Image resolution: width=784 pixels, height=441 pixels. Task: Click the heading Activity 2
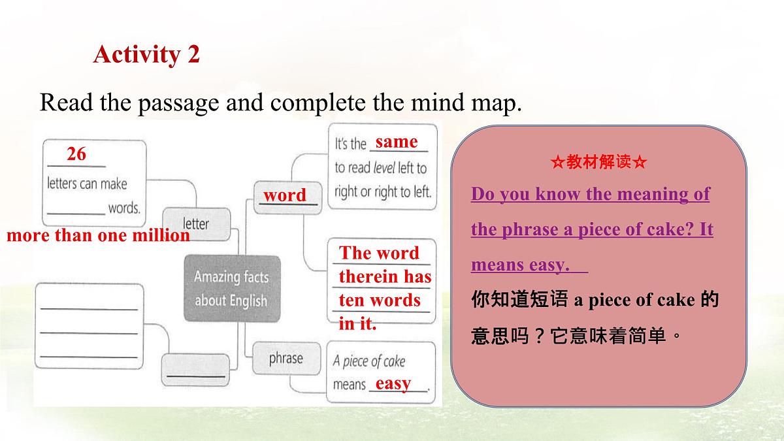tap(146, 54)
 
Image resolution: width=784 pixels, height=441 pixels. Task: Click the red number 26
tap(76, 154)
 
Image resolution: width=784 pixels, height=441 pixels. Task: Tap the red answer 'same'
tap(396, 142)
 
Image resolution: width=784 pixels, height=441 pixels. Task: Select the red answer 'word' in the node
tap(284, 195)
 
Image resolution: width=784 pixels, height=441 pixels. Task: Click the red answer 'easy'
tap(393, 384)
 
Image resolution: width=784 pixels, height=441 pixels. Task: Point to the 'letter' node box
tap(196, 223)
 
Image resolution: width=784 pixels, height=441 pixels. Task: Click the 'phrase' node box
tap(286, 359)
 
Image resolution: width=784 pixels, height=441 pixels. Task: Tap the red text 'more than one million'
tap(98, 236)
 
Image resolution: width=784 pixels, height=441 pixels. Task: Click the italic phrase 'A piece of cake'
tap(369, 361)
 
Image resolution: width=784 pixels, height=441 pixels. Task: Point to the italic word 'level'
tap(384, 168)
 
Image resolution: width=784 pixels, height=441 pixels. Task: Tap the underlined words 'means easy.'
tap(520, 265)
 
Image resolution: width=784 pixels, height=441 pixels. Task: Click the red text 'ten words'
tap(379, 301)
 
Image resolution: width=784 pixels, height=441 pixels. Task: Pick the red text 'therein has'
tap(385, 277)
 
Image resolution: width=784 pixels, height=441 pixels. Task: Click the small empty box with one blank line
tap(195, 370)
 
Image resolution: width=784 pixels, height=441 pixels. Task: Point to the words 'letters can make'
tap(87, 184)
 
